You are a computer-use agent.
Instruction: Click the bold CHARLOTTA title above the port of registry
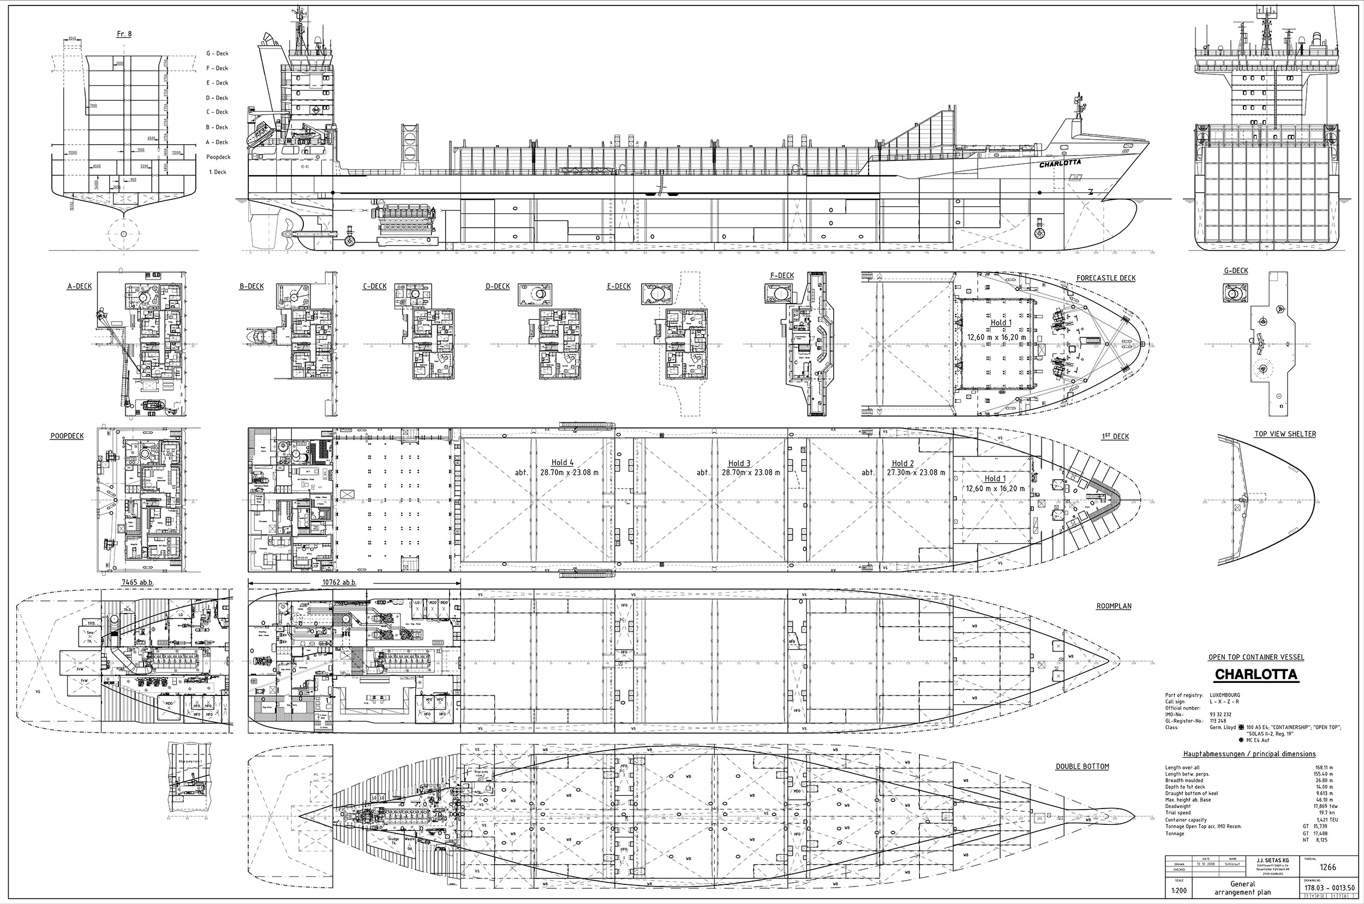[x=1255, y=675]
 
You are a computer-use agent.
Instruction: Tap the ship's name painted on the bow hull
[x=1060, y=164]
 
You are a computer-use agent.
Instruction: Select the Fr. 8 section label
[x=124, y=34]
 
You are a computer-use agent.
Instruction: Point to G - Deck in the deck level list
[x=217, y=53]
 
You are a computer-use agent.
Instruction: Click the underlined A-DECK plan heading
[x=80, y=287]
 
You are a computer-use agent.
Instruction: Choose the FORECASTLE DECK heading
[x=1106, y=278]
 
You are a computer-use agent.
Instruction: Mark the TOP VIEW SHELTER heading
[x=1285, y=434]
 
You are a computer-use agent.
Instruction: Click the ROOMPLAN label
[x=1114, y=606]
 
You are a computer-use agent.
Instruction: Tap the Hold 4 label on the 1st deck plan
[x=563, y=462]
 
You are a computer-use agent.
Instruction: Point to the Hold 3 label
[x=739, y=463]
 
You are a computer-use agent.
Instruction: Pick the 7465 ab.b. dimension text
[x=136, y=582]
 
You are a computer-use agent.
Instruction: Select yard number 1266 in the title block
[x=1327, y=867]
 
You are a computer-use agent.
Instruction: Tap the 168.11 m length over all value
[x=1324, y=768]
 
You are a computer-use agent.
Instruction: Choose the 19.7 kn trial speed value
[x=1325, y=813]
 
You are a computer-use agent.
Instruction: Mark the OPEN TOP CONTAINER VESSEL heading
[x=1255, y=657]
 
